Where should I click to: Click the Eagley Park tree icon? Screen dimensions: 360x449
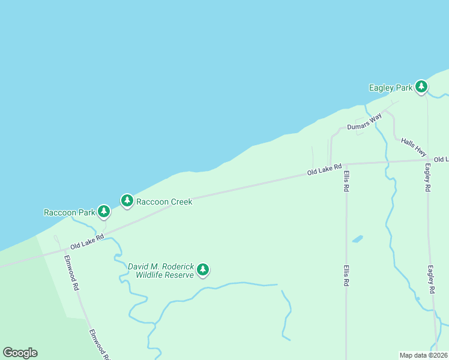pos(421,87)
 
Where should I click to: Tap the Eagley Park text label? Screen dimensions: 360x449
pos(390,88)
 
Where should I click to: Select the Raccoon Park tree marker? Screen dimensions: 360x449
pos(104,211)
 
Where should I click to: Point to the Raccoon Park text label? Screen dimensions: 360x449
pos(70,212)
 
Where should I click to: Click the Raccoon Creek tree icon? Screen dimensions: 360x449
pos(127,200)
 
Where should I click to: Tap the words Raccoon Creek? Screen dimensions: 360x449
pos(164,202)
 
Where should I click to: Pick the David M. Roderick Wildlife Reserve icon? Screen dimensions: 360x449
pos(203,269)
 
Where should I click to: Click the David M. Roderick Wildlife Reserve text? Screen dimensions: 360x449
pos(161,271)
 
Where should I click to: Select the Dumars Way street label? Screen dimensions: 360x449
pos(364,122)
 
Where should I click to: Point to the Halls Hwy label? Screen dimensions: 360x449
pos(414,147)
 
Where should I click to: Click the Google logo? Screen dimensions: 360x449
pos(20,353)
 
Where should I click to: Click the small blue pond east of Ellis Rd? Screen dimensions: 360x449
pos(357,239)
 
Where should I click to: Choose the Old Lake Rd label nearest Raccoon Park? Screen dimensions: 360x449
pos(87,242)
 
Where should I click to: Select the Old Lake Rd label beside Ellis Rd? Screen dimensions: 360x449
pos(324,170)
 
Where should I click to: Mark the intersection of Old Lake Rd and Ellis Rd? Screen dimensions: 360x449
pos(346,164)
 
